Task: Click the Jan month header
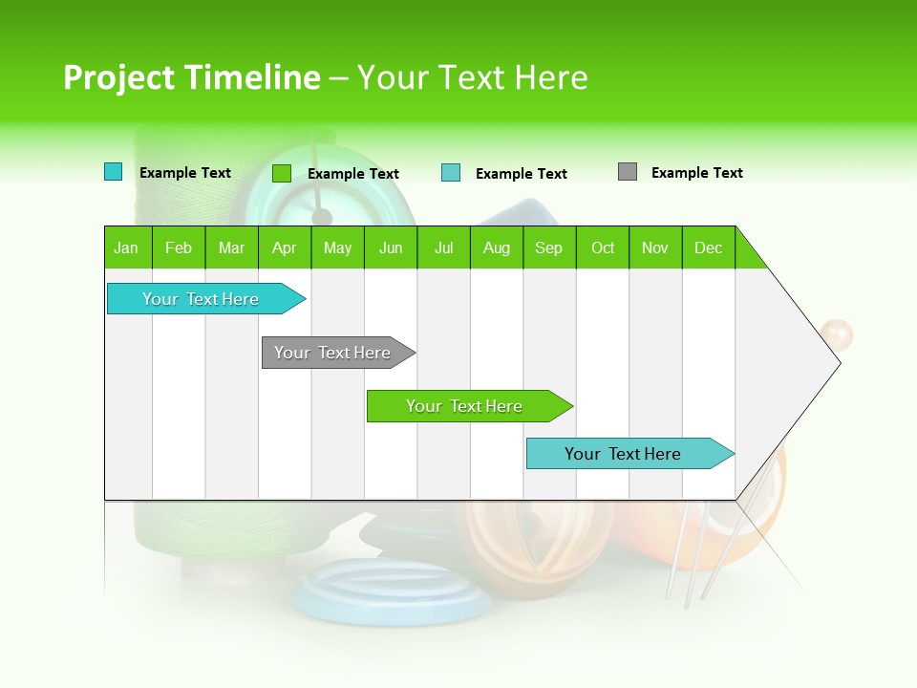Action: point(127,247)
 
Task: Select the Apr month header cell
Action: point(285,247)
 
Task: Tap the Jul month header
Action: point(443,247)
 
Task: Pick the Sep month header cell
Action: point(549,247)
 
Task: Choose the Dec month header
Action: point(708,247)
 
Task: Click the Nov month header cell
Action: point(655,247)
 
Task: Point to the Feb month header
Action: point(179,247)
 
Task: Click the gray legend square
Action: point(628,172)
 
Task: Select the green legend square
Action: point(282,173)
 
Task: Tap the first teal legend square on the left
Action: point(114,172)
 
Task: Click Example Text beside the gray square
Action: point(696,173)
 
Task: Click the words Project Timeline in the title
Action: point(191,77)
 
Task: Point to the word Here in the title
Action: point(551,77)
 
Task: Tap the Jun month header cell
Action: point(391,247)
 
